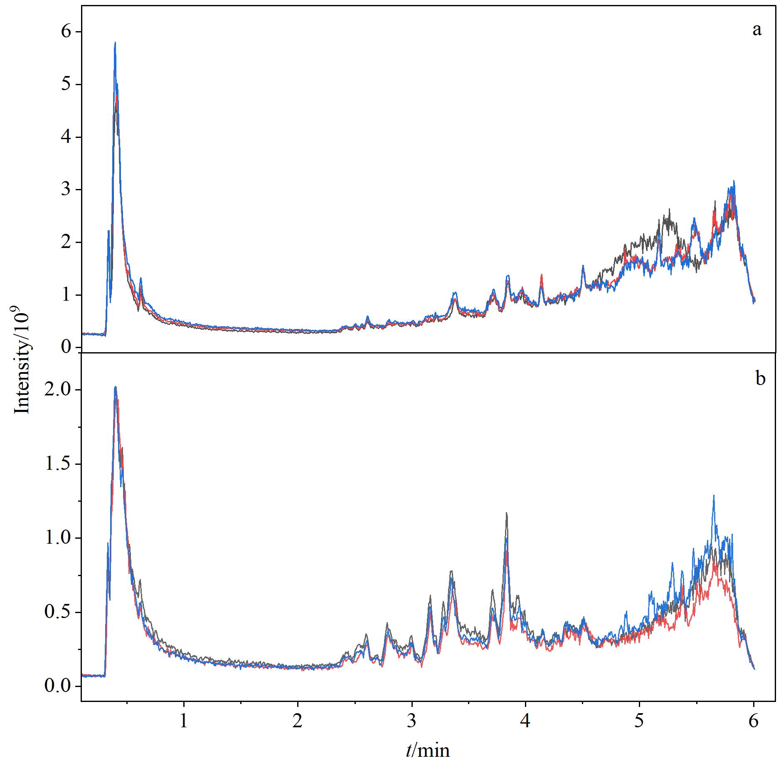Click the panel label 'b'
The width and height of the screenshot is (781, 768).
[x=760, y=378]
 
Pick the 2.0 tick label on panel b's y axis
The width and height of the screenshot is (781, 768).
[x=58, y=390]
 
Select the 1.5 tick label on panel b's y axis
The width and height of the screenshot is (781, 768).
[x=58, y=464]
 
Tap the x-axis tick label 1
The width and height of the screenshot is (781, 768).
[x=184, y=721]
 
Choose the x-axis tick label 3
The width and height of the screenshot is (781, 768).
[x=412, y=721]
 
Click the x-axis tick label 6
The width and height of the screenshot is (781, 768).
[x=754, y=721]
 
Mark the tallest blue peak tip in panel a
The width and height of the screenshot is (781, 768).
[x=115, y=42]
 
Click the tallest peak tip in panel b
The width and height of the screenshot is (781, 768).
[x=116, y=387]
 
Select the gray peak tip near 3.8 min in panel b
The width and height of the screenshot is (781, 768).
[x=507, y=513]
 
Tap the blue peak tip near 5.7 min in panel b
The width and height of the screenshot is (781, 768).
[x=714, y=495]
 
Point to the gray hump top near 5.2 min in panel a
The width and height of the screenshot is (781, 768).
[x=670, y=209]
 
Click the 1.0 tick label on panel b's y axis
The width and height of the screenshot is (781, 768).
[x=58, y=538]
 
